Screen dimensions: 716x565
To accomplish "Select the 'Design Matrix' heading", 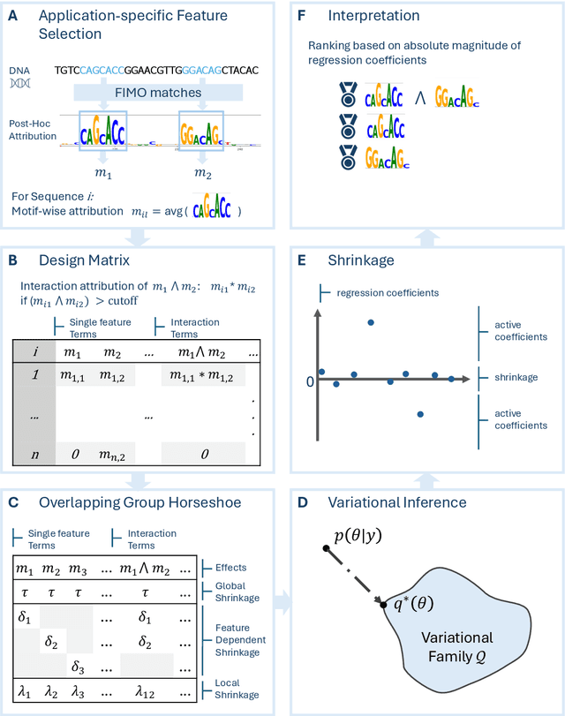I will pos(84,260).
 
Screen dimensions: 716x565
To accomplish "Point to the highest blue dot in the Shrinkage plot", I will pos(371,321).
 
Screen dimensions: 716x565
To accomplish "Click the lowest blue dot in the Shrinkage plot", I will pos(420,413).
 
